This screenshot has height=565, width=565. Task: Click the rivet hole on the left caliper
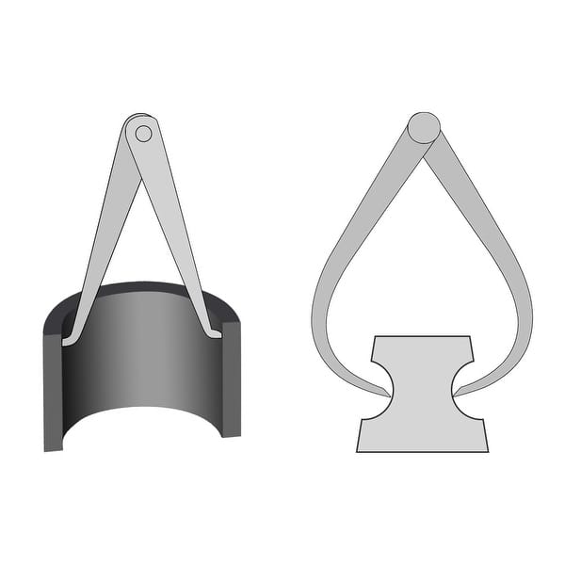pos(143,134)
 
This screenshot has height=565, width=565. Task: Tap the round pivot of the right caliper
pos(423,128)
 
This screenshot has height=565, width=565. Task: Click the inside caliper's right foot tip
pos(217,333)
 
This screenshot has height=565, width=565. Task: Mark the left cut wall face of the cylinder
pos(53,386)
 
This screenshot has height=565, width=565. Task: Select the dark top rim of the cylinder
pos(141,286)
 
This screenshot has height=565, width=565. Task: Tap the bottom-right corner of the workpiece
pos(487,450)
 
